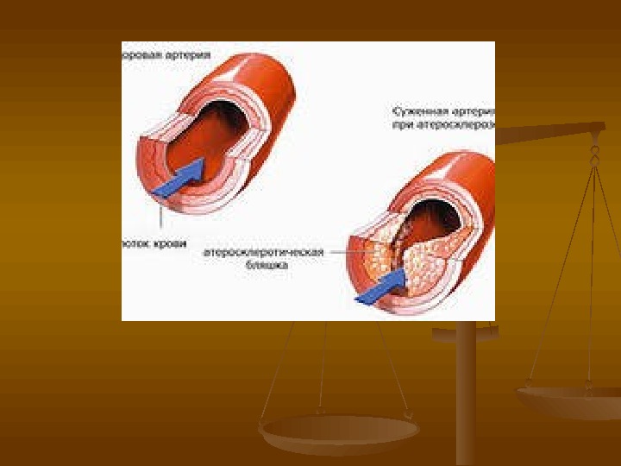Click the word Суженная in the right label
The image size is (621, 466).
[x=417, y=112]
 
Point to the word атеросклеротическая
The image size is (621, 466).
[x=264, y=253]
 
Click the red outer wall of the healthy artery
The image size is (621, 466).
[x=267, y=86]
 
